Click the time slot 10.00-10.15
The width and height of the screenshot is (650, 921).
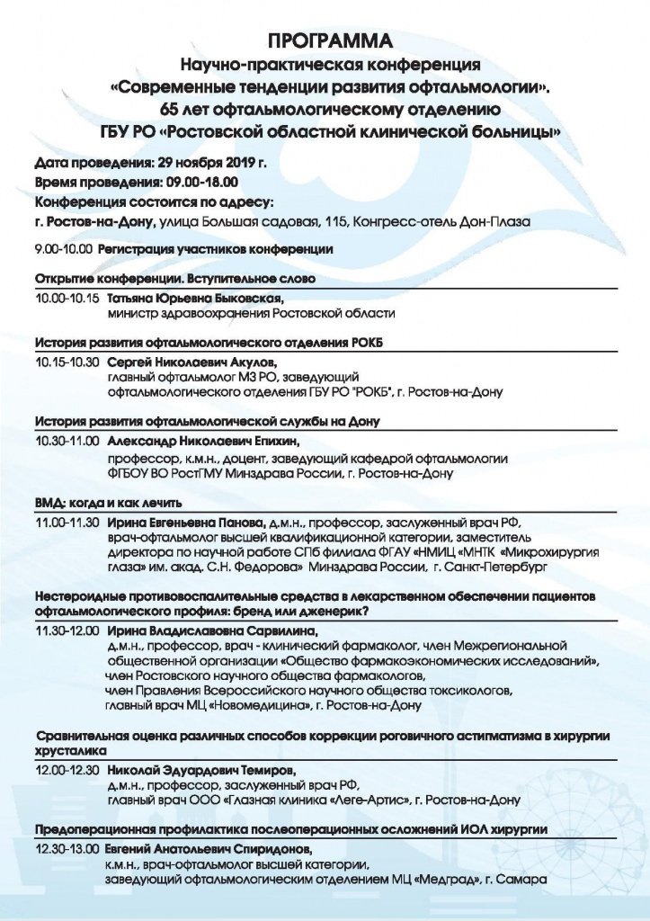tap(67, 298)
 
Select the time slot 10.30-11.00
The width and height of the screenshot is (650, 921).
tap(67, 442)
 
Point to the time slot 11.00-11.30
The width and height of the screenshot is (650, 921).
tap(67, 521)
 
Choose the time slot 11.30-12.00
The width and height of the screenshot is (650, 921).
tap(67, 630)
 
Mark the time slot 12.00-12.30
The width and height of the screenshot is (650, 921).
tap(67, 771)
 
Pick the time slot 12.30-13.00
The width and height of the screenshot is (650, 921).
tap(67, 848)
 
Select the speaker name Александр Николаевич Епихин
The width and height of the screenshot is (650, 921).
tap(202, 442)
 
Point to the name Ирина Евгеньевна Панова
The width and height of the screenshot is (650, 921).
tap(185, 521)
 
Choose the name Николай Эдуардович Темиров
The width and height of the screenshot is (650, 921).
tap(194, 771)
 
